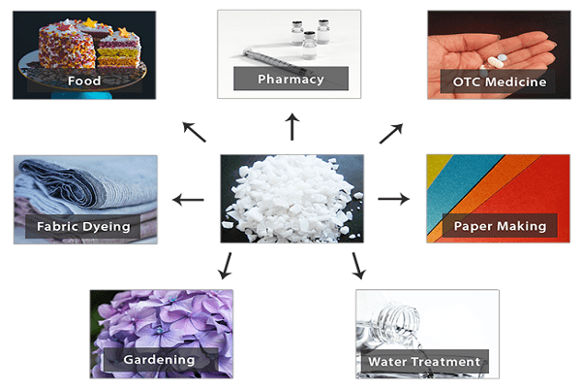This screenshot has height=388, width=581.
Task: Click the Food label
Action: pos(84,81)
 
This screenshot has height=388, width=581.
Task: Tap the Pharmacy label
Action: pos(290,80)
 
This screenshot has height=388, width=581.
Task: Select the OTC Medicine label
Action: pos(500,81)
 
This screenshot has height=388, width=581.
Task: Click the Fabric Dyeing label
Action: pos(83,226)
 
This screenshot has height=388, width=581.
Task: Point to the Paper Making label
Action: pos(500,226)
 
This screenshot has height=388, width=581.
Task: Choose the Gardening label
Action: pos(159,360)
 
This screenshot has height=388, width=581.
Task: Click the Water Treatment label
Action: pos(424,361)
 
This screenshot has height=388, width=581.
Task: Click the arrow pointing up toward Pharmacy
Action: pos(292,127)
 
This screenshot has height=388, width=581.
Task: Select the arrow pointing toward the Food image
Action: pos(195,132)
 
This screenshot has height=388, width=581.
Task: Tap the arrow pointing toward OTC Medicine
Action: pos(391,133)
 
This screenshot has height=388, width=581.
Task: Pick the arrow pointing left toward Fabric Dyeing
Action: pos(188,200)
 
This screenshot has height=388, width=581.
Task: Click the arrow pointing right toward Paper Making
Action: pos(393,199)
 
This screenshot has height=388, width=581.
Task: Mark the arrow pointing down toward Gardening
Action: pos(226,266)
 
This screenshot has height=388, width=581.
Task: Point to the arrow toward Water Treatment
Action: pos(358,266)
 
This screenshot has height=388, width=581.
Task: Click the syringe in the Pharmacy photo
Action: pos(274,60)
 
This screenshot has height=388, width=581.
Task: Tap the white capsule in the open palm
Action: pos(495,62)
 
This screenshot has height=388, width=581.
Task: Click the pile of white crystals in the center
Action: pos(290,199)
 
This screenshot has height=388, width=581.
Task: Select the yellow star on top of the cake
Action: pos(90,23)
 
